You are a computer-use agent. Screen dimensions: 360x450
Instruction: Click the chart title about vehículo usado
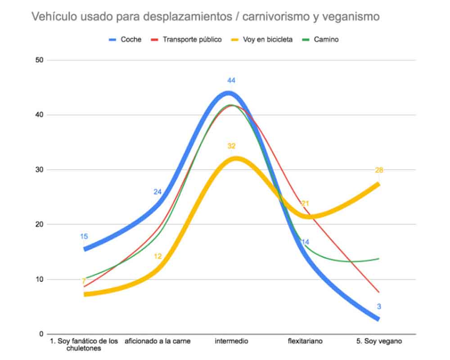click(x=205, y=17)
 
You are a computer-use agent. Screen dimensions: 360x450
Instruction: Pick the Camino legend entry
click(x=327, y=40)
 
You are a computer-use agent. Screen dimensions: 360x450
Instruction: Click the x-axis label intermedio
click(x=231, y=341)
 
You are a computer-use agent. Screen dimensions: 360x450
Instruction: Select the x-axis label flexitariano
click(x=305, y=341)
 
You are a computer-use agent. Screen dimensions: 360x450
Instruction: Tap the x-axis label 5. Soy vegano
click(x=379, y=341)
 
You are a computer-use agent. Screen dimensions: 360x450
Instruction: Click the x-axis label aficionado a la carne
click(x=157, y=341)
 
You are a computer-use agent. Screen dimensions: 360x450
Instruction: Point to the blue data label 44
click(x=231, y=81)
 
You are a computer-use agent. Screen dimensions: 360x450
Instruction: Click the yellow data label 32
click(x=231, y=146)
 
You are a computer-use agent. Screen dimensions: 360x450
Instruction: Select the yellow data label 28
click(x=379, y=170)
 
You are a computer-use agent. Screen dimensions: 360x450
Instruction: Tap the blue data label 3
click(x=379, y=306)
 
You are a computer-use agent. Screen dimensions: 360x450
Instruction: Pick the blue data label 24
click(x=157, y=192)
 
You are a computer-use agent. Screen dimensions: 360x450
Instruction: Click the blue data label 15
click(x=84, y=236)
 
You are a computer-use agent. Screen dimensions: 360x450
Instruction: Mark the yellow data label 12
click(x=157, y=256)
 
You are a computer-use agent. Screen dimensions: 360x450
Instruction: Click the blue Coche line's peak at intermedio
click(x=229, y=94)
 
